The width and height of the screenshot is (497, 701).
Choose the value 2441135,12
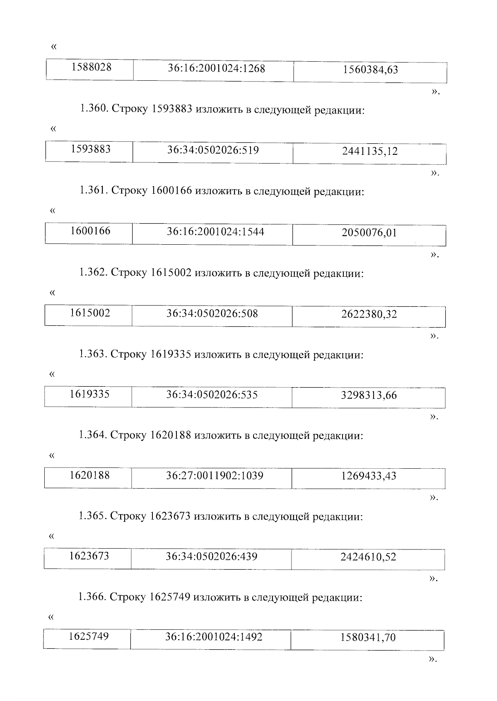coord(370,151)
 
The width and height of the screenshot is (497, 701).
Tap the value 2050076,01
coord(369,233)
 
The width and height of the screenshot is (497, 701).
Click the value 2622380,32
coord(369,314)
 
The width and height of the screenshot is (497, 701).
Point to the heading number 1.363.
coord(93,354)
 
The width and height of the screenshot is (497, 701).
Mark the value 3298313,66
coord(369,395)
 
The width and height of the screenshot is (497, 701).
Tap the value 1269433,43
coord(369,476)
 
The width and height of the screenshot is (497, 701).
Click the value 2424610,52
coord(368,557)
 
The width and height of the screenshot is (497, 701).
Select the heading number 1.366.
coord(92,597)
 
